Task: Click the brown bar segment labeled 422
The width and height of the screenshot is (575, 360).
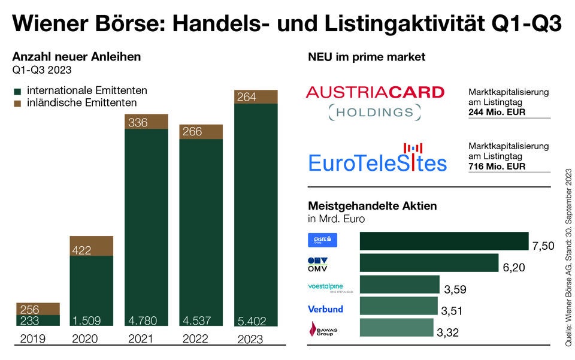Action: point(92,246)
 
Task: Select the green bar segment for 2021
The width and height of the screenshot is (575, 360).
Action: point(146,228)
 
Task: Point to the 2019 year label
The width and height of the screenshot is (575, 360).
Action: point(33,339)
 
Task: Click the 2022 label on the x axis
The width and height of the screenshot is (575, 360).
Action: point(196,339)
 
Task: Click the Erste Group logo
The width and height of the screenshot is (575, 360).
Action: point(322,240)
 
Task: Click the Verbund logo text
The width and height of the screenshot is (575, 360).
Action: point(325,309)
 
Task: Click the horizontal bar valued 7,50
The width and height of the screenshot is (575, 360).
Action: point(444,241)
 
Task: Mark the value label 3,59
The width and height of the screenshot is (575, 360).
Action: point(455,290)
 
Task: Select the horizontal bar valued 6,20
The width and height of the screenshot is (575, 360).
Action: point(429,263)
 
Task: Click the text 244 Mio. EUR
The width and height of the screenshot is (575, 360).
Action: point(497,111)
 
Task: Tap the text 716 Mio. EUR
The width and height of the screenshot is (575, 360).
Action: point(497,167)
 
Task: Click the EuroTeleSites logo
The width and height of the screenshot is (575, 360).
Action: point(377,159)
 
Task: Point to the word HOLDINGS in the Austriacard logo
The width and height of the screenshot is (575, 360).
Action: point(374,112)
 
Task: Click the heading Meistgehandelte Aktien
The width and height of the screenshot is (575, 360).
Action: point(372,206)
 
